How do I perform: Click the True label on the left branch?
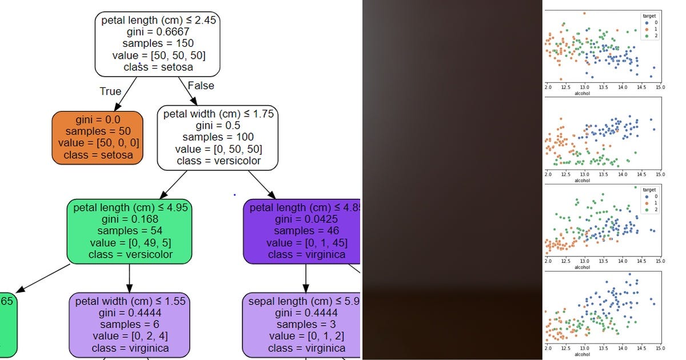pos(110,91)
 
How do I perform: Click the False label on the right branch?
pos(201,86)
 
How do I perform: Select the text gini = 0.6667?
pos(157,31)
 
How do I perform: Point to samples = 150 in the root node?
pos(157,43)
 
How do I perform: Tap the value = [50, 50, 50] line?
pos(157,55)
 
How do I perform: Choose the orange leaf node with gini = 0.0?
pos(97,138)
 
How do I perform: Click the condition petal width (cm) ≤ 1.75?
pos(218,114)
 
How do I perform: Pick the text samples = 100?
pos(218,137)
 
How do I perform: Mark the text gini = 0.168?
pos(129,219)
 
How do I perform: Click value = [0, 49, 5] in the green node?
pos(129,242)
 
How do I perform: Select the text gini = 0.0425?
pos(306,219)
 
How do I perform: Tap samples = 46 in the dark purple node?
pos(306,231)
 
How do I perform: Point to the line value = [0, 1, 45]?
pos(306,242)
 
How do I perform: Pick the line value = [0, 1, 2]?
pos(306,336)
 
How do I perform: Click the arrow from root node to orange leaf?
pos(126,94)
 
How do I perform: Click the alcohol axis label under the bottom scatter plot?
pos(582,355)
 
